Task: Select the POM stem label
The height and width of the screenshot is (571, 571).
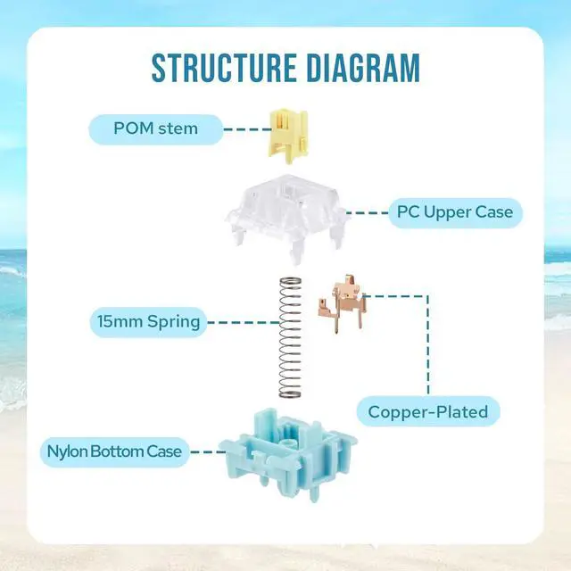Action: [155, 128]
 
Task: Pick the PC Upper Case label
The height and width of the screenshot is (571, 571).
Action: [454, 212]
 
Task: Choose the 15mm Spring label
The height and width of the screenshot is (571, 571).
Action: [147, 321]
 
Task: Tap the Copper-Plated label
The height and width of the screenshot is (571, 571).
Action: [428, 411]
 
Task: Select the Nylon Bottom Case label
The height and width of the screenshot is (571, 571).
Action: [115, 451]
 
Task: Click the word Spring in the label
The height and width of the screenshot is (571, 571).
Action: [173, 321]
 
